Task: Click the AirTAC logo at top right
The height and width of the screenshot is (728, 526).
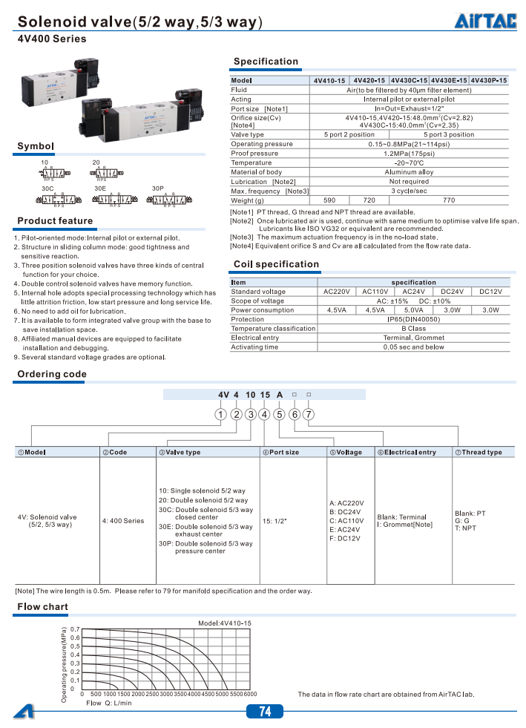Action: click(x=485, y=22)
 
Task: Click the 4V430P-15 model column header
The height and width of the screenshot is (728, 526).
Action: click(x=489, y=80)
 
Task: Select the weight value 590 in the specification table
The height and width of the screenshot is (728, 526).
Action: click(x=330, y=200)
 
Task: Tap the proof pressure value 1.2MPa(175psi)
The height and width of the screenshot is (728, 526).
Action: click(x=409, y=154)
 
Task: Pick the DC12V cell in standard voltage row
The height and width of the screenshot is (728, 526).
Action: click(x=490, y=292)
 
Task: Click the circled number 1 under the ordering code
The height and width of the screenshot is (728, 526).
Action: click(x=220, y=414)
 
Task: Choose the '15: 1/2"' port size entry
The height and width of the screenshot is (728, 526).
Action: click(x=274, y=521)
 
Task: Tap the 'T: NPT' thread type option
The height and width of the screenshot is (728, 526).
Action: click(x=465, y=529)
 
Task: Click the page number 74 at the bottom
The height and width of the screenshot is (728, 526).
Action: click(x=265, y=712)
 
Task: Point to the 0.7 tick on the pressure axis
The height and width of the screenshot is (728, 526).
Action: click(x=74, y=629)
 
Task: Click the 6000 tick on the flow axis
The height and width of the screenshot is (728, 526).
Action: click(x=250, y=694)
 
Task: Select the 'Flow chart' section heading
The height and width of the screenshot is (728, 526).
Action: click(x=42, y=607)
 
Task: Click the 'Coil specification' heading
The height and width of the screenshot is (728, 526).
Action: click(x=276, y=264)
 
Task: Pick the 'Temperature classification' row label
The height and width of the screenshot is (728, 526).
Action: click(x=273, y=329)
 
